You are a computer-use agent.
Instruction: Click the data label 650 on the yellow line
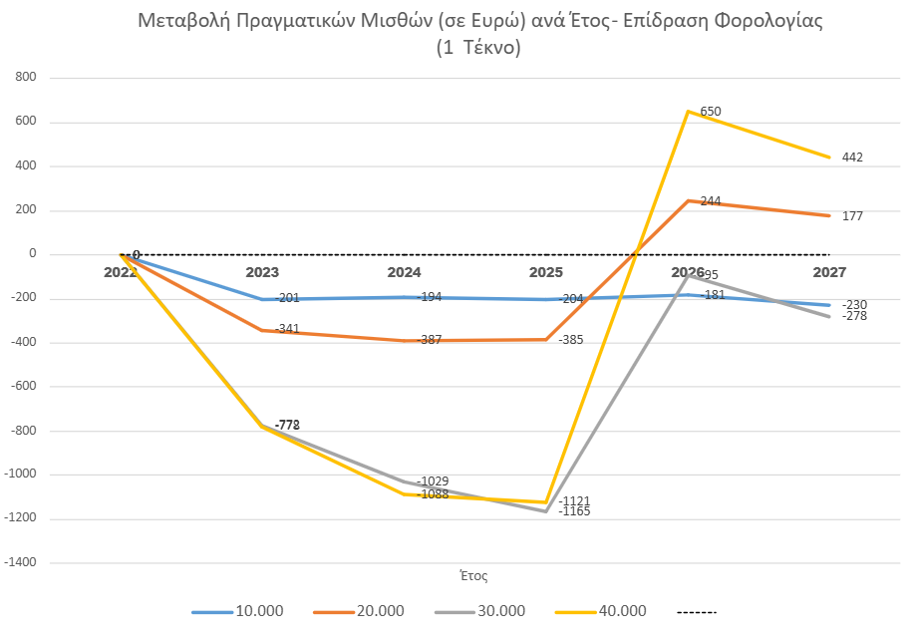711,112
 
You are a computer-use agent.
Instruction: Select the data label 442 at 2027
852,158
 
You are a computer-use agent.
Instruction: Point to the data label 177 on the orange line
852,216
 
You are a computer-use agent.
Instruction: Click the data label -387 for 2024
430,340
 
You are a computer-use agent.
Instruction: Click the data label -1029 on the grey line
433,481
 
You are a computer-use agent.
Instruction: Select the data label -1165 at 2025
575,511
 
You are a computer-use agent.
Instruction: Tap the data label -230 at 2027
854,305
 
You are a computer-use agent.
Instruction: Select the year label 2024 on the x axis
405,271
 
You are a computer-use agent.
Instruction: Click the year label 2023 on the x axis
262,271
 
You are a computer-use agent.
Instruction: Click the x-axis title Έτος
473,576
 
